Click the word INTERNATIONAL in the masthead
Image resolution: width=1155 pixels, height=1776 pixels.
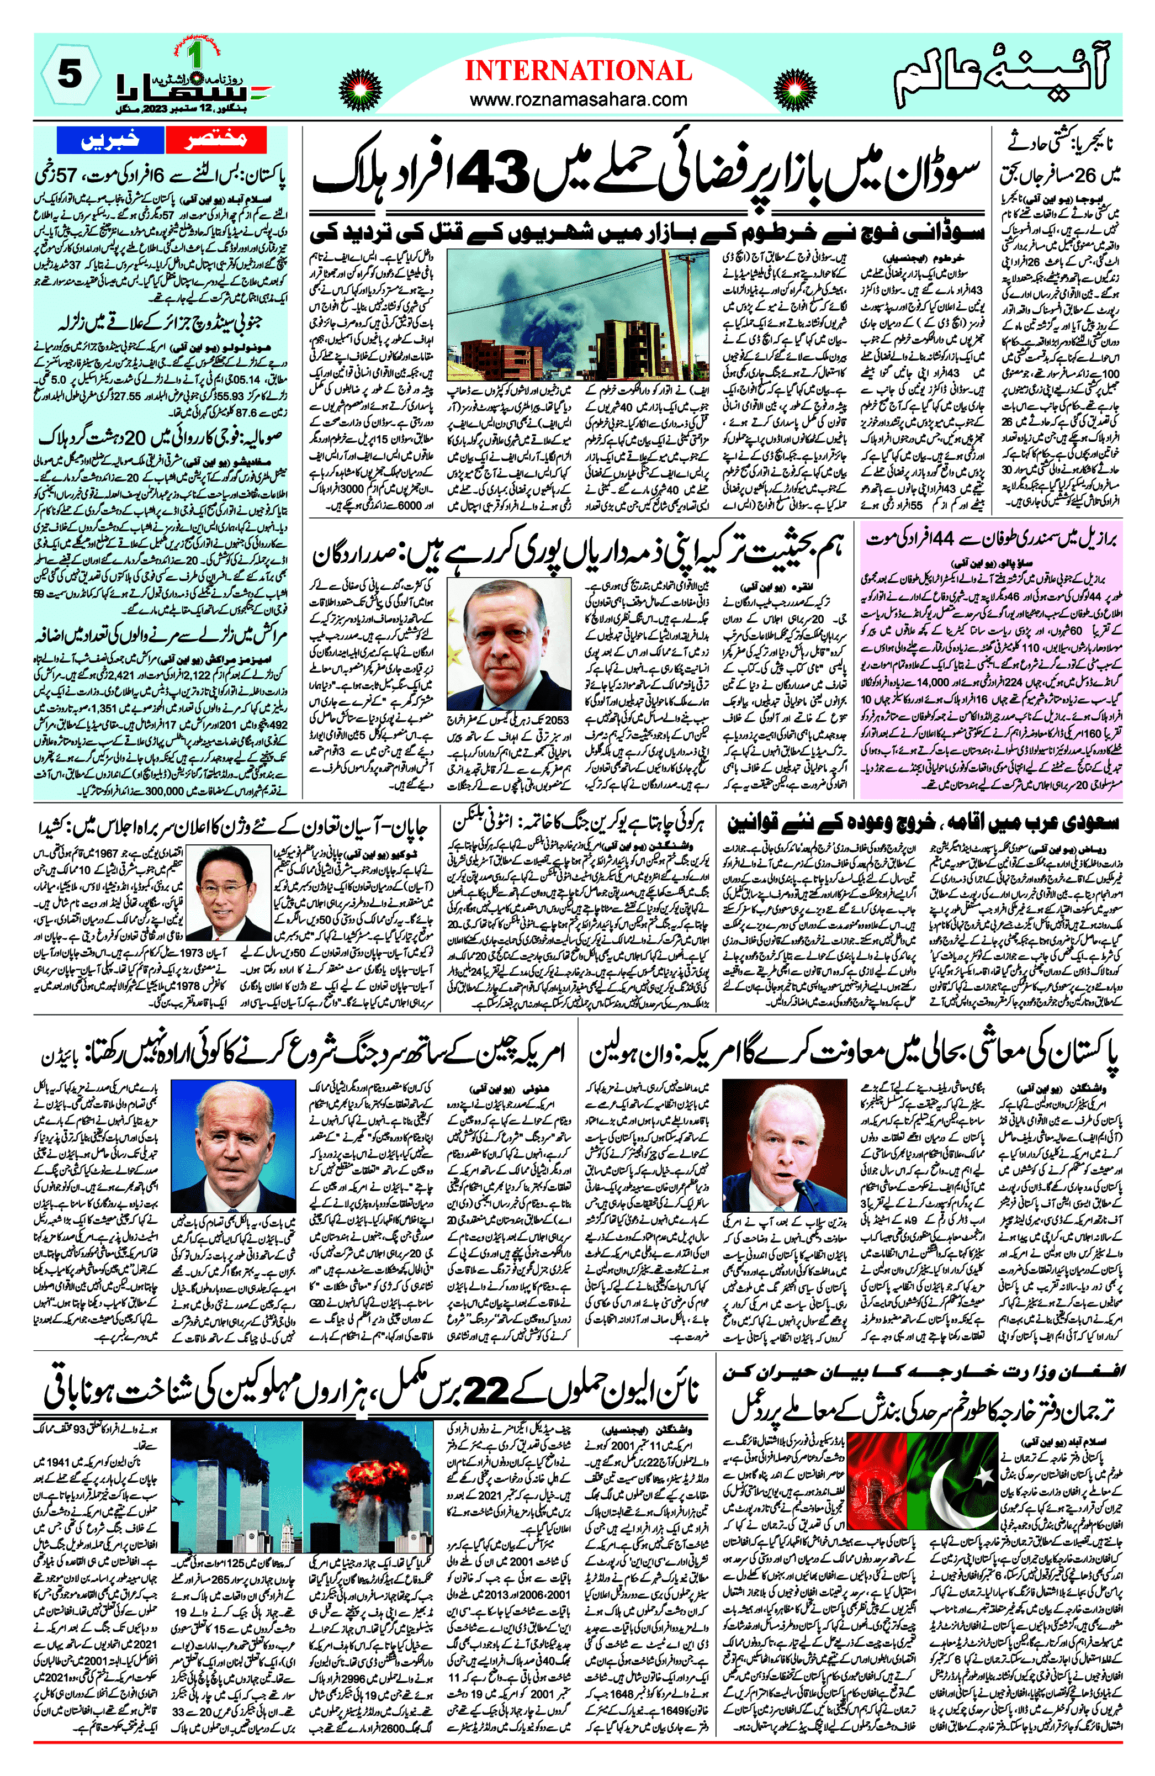pos(577,71)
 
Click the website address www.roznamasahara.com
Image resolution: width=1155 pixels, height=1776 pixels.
pos(577,99)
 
